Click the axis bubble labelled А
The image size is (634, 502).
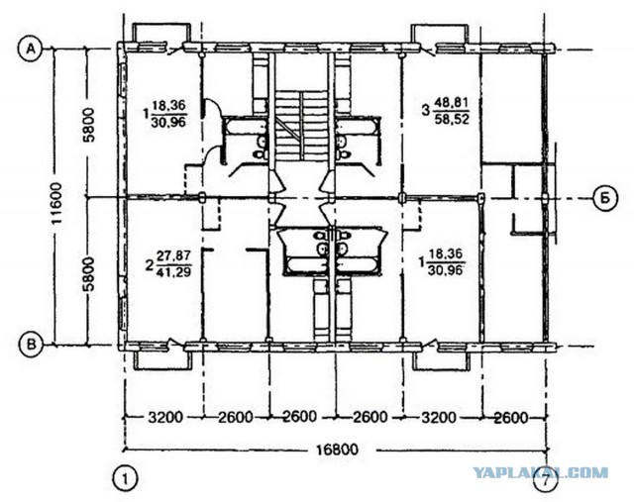[x=30, y=49]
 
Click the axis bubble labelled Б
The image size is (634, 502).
[x=606, y=199]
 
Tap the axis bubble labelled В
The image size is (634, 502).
[x=31, y=345]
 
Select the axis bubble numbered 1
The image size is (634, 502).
[x=126, y=479]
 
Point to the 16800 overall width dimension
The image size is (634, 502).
[x=338, y=450]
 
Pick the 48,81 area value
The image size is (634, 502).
[x=452, y=103]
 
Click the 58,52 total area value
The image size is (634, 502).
[x=452, y=120]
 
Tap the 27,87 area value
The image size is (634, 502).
[x=174, y=255]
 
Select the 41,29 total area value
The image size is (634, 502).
[x=174, y=272]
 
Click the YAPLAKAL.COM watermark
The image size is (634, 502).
[x=541, y=472]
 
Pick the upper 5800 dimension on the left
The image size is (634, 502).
[x=89, y=125]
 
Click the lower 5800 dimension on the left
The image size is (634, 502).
[x=89, y=274]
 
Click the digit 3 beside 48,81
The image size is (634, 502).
[x=425, y=110]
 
